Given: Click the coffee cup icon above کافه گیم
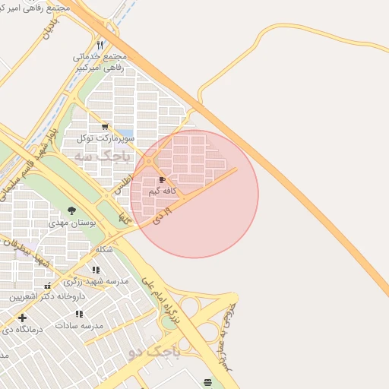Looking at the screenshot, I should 163,180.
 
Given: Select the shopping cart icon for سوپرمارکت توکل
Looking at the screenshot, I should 105,127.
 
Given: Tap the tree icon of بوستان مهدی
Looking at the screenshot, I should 72,210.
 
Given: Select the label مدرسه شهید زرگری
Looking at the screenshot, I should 101,281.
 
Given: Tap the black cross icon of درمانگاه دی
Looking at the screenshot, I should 22,318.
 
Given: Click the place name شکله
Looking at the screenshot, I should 105,249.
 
